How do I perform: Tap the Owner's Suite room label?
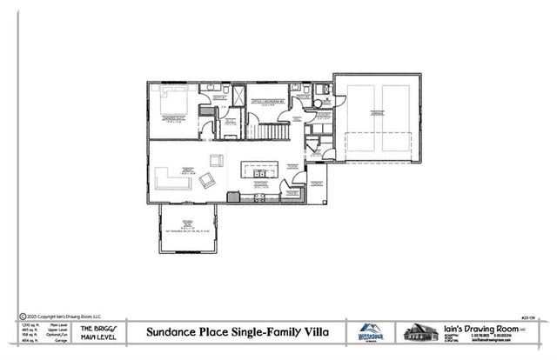(x=177, y=119)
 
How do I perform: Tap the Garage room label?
(x=377, y=113)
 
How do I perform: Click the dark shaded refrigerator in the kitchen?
(x=232, y=197)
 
